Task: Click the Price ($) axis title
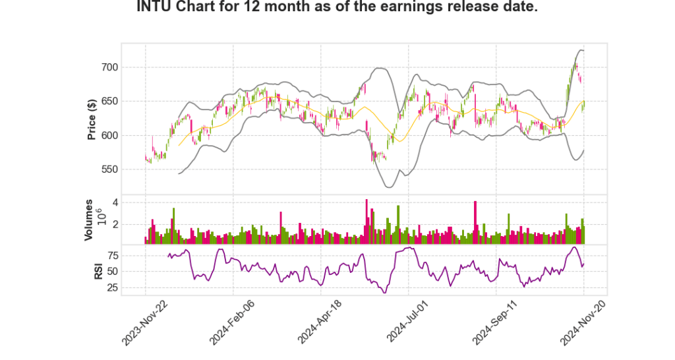point(92,119)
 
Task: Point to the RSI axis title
point(98,271)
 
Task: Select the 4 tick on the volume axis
point(115,202)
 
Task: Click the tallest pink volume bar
point(367,222)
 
